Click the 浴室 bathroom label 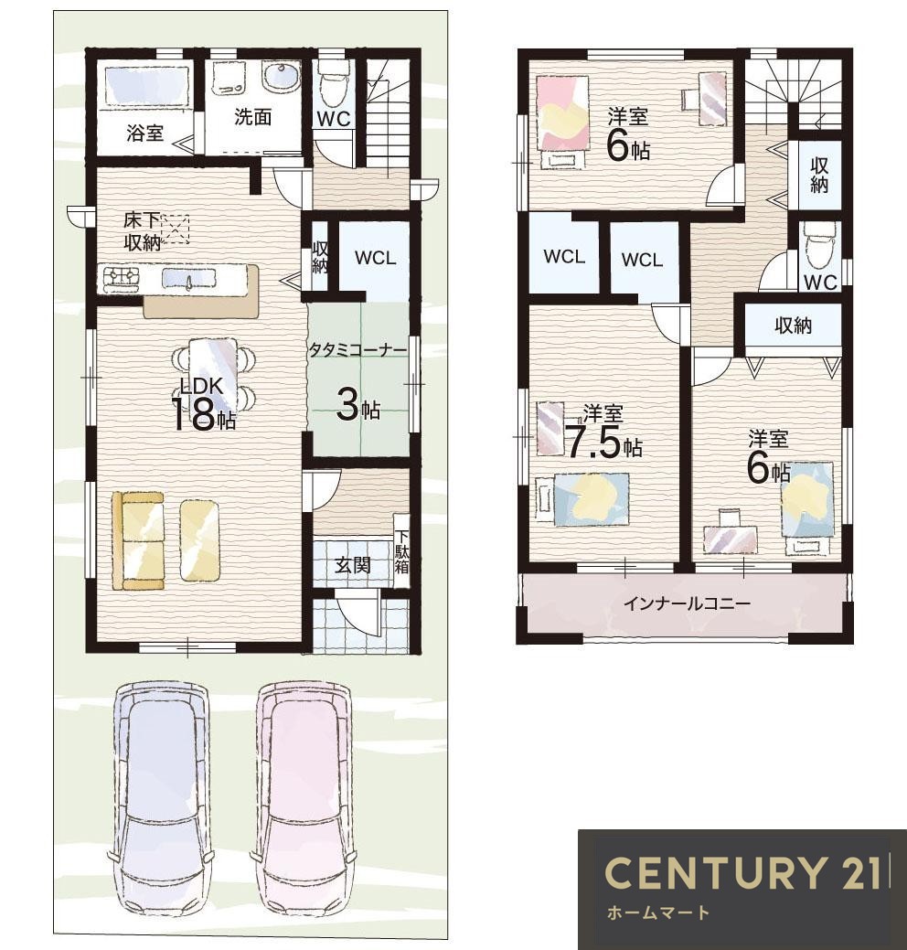click(x=144, y=133)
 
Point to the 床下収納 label click(x=143, y=230)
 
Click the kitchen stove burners click(x=122, y=276)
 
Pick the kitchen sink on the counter click(x=189, y=278)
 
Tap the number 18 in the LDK click(x=194, y=415)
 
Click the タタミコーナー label click(x=357, y=349)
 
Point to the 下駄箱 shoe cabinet click(x=401, y=552)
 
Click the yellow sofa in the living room click(x=138, y=540)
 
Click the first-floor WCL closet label click(x=375, y=258)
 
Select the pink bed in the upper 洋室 click(x=563, y=112)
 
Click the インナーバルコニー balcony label click(x=687, y=603)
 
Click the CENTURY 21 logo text click(x=742, y=872)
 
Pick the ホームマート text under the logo click(x=657, y=913)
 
